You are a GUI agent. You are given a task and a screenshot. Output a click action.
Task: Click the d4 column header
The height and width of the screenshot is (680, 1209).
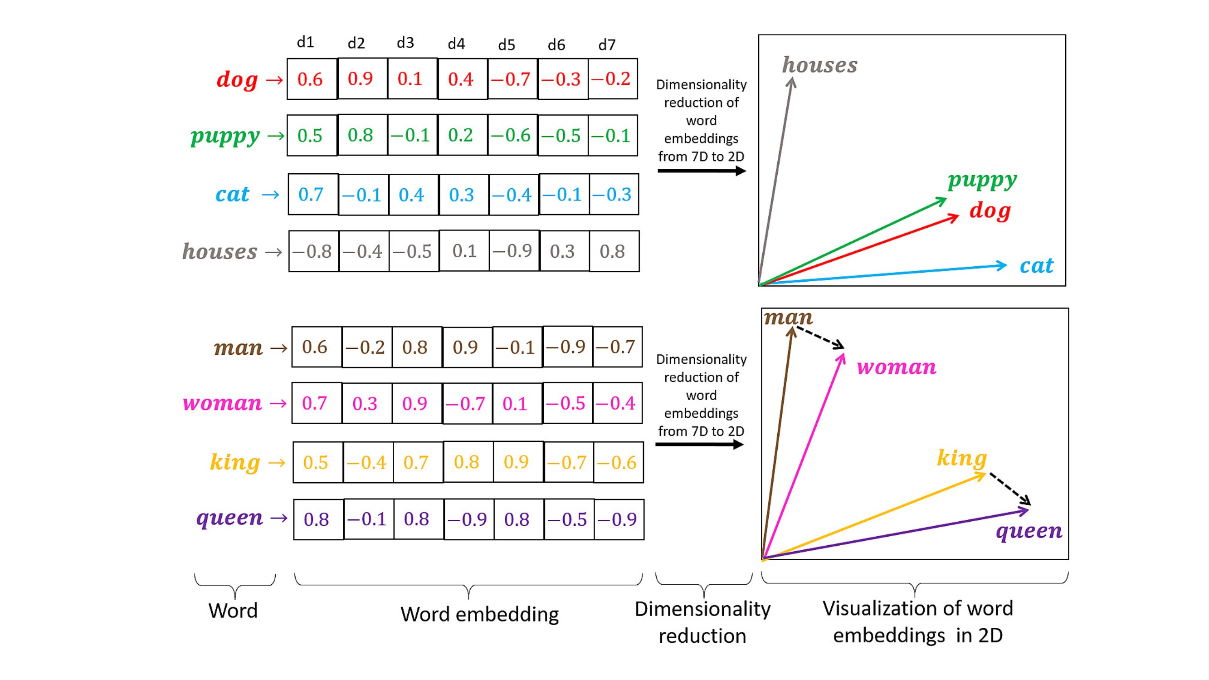click(x=456, y=44)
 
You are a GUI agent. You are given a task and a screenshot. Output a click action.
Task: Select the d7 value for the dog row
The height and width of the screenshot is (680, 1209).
click(x=613, y=79)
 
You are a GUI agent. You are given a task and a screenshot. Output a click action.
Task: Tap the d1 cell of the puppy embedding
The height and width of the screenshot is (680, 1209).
click(x=312, y=136)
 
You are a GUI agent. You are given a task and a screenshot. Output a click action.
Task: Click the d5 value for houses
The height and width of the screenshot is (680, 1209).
click(x=513, y=251)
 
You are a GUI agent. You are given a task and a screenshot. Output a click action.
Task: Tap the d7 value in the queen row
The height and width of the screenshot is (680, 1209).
click(x=619, y=519)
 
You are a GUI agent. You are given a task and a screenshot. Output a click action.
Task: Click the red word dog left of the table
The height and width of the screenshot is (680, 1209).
click(x=237, y=79)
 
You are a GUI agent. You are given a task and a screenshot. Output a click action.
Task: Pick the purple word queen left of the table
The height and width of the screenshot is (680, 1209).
click(x=229, y=518)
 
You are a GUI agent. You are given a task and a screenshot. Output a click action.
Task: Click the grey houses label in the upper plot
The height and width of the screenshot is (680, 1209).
click(x=819, y=65)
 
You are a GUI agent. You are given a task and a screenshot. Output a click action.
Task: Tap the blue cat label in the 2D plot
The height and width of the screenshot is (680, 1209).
click(x=1037, y=266)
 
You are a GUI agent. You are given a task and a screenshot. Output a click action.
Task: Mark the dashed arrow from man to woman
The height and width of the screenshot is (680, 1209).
click(x=819, y=338)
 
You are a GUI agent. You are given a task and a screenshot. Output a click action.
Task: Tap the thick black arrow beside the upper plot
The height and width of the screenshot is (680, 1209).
click(x=701, y=171)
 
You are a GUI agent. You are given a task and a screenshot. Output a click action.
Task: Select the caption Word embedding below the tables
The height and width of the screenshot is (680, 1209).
click(x=480, y=614)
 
